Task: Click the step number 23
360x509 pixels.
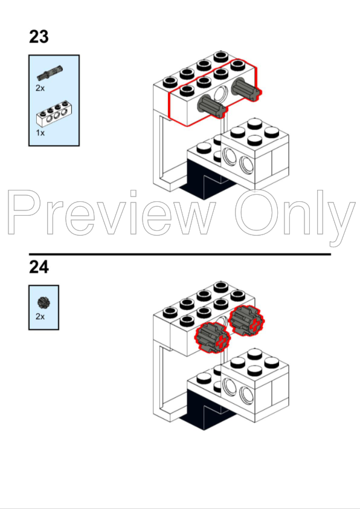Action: click(x=39, y=37)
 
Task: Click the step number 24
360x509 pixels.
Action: click(x=39, y=267)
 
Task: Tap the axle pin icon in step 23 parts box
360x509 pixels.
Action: click(x=50, y=73)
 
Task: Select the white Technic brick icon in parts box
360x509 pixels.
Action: click(x=54, y=114)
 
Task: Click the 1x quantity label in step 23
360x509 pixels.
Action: click(x=40, y=133)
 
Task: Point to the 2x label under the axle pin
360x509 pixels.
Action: click(x=40, y=88)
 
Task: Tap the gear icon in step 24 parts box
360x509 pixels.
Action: click(x=43, y=303)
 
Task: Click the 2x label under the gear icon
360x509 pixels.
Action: click(x=40, y=317)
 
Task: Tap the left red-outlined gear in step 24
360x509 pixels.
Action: click(x=213, y=337)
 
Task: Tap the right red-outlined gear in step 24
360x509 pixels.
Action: click(x=246, y=320)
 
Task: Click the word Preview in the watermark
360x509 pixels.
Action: click(x=111, y=212)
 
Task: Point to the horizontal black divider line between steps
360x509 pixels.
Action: click(x=180, y=254)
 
